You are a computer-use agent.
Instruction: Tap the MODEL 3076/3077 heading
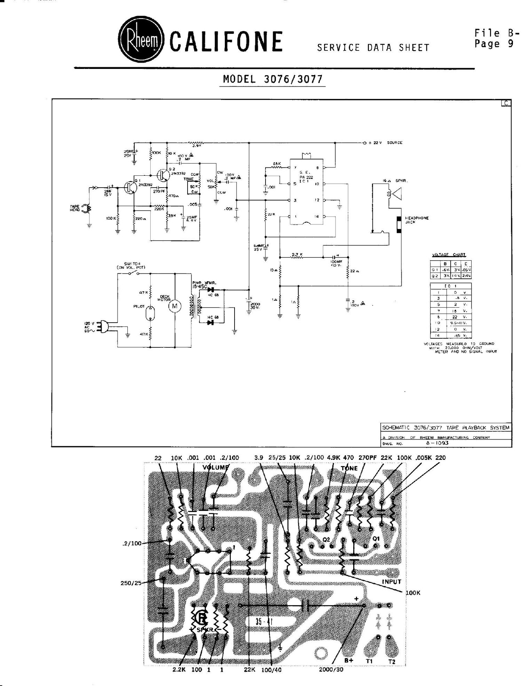[273, 79]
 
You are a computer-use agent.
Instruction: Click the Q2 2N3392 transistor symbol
[162, 175]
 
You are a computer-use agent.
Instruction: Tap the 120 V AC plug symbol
[103, 328]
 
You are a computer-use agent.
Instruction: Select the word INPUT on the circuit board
[391, 582]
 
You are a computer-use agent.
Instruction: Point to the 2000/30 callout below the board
[331, 669]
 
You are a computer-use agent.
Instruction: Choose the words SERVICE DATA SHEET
[373, 48]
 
